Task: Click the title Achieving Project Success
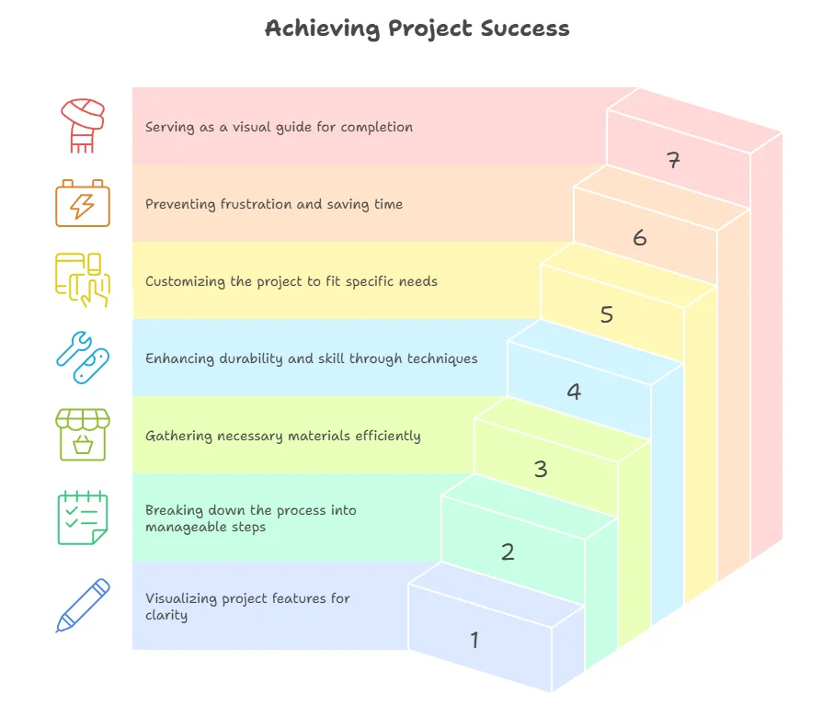(417, 28)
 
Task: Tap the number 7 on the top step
(673, 161)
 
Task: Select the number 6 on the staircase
(640, 238)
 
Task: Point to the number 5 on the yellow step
(607, 314)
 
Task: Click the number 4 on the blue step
(574, 392)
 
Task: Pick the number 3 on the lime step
(541, 469)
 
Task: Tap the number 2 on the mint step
(508, 552)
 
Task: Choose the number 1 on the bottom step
(474, 640)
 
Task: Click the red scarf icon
(83, 126)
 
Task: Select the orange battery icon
(83, 203)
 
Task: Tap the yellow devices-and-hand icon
(83, 279)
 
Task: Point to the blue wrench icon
(83, 358)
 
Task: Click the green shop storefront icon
(83, 435)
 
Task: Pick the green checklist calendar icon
(83, 517)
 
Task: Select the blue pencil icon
(83, 605)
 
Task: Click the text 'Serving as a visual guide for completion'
(279, 127)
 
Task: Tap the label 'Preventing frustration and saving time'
(274, 204)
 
